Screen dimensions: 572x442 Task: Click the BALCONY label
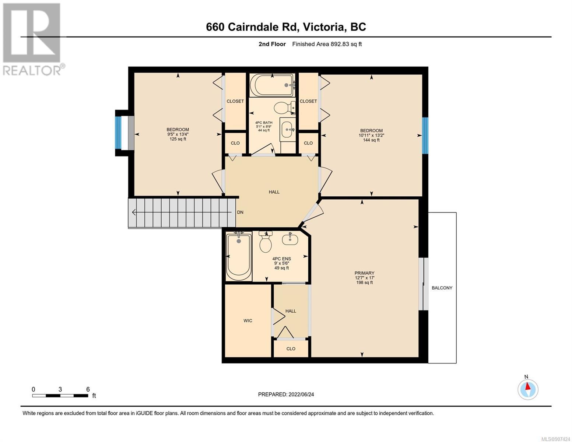442,288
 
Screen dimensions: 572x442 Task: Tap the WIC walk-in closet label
248,320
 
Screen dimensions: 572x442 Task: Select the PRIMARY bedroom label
364,273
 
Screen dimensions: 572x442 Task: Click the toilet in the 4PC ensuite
265,241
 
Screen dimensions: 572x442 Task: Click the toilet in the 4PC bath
285,108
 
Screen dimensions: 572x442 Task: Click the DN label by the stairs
240,212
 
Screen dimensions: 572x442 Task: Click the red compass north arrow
527,386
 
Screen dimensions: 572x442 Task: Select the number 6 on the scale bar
88,389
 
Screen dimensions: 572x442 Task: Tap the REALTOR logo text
32,71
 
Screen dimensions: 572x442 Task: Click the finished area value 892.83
339,44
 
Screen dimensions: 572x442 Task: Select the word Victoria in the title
324,27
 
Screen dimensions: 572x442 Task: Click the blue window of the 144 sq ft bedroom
425,135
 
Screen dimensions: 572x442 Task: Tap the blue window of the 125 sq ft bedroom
118,133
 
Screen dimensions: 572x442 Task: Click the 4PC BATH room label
264,122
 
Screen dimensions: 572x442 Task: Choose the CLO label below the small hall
291,348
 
